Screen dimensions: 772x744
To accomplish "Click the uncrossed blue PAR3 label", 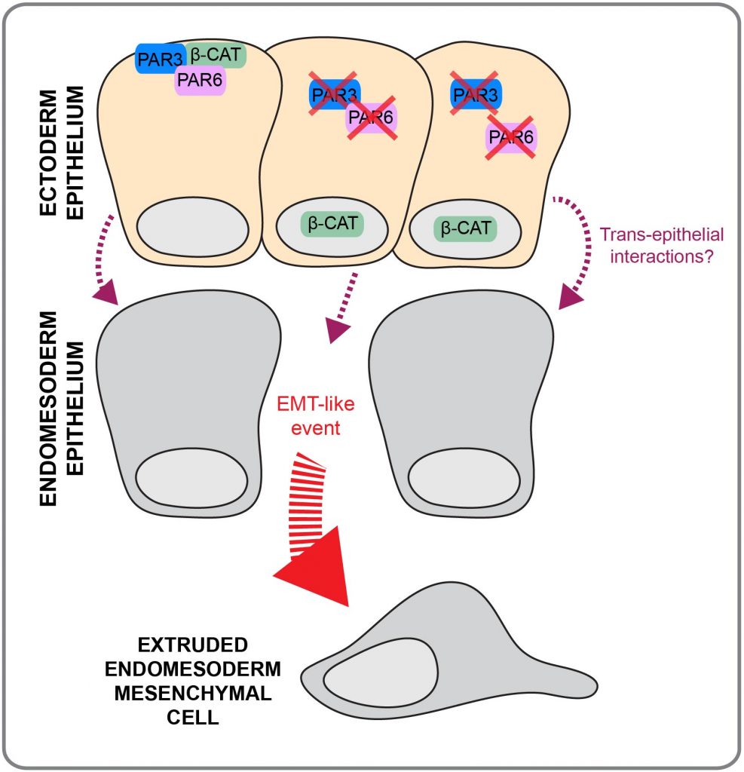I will click(x=157, y=57).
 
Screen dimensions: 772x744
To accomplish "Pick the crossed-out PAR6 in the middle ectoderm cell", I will click(x=371, y=118).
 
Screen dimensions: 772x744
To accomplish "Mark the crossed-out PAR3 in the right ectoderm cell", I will click(x=474, y=94).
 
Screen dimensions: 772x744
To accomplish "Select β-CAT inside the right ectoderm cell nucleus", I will click(x=465, y=227).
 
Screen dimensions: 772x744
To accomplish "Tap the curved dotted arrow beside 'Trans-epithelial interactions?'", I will click(x=574, y=253).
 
